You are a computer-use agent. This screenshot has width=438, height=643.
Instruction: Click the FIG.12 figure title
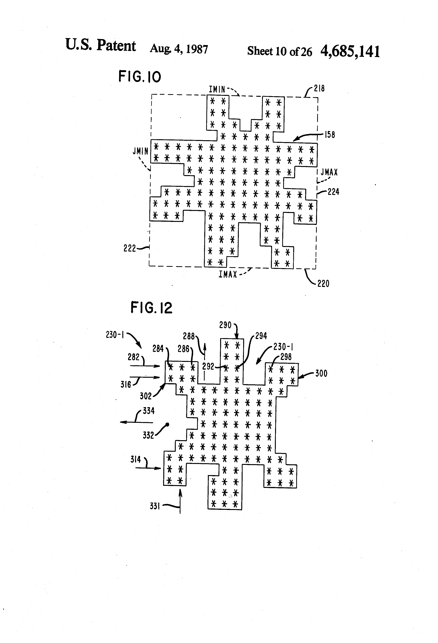[151, 308]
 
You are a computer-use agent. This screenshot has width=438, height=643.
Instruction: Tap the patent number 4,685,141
[350, 52]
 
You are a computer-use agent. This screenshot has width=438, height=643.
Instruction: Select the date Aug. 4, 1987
[179, 49]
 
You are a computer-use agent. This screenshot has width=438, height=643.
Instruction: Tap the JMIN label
[140, 151]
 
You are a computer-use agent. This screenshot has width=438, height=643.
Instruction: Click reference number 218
[319, 88]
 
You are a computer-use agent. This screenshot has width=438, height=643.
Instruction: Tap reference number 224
[333, 192]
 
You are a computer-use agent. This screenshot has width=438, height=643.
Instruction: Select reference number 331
[155, 506]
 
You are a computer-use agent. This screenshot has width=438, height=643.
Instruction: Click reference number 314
[136, 460]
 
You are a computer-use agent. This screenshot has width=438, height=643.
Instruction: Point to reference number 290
[225, 325]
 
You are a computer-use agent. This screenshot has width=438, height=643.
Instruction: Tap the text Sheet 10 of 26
[279, 51]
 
